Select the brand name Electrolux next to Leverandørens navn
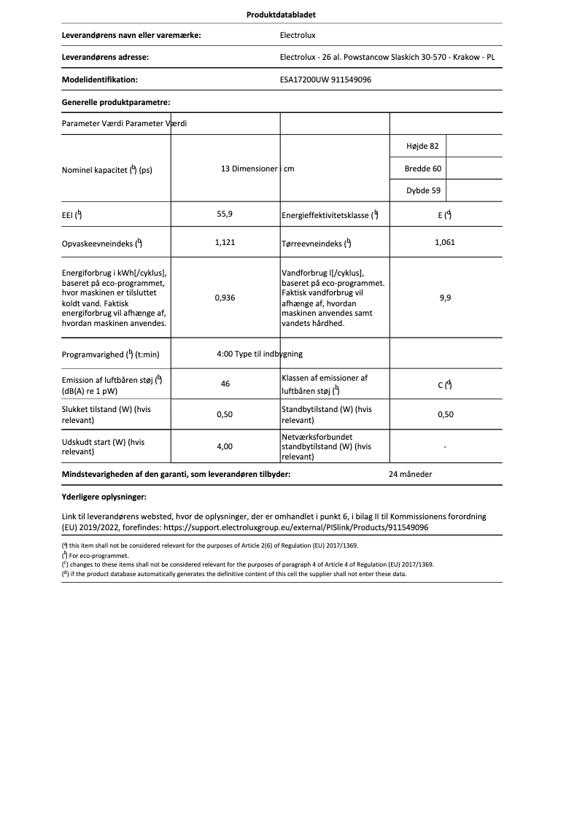pos(298,34)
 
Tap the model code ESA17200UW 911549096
pos(325,79)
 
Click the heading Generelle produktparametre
pos(116,103)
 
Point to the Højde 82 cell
pos(422,146)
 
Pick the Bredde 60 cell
pos(422,168)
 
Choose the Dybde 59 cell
pos(422,191)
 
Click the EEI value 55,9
pos(225,214)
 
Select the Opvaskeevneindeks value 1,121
pos(225,242)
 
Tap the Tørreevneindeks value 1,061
pos(444,242)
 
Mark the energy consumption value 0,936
pos(225,298)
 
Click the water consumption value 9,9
pos(445,298)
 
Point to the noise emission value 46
pos(225,383)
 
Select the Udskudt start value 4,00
pos(225,446)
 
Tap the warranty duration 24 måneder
pos(411,474)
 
